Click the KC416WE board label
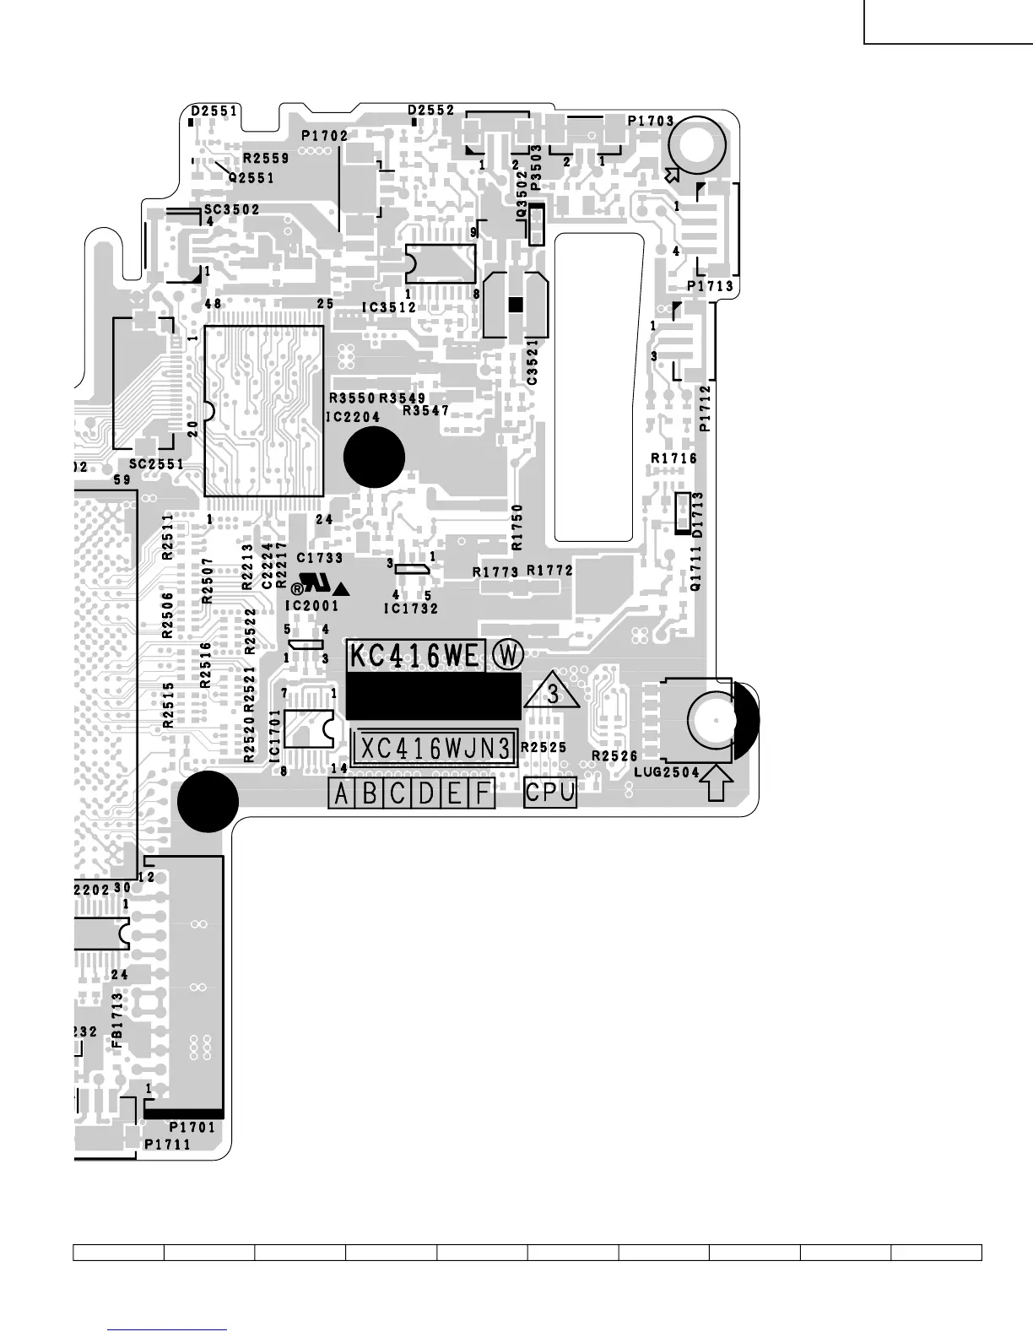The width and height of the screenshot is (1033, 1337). coord(415,655)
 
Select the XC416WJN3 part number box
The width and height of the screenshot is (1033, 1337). coord(435,748)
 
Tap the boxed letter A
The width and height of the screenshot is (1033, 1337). coord(341,793)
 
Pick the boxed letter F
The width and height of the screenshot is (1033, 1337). coord(482,793)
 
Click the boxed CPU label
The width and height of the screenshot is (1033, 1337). coord(550,792)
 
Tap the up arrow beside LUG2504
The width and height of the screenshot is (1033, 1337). coord(716,782)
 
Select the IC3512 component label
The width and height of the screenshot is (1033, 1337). coord(389,308)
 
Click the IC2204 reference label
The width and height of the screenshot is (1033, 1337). coord(354,417)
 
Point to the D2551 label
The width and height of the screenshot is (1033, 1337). coord(214,111)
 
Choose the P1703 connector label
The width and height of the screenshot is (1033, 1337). coord(651,121)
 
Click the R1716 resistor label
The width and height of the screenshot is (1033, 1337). coord(673,458)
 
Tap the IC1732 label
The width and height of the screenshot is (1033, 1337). coord(411,609)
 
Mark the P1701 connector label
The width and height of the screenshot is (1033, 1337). coord(192,1127)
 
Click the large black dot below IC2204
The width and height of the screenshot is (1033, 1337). coord(375,457)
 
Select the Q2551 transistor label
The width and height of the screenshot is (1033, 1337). coord(251,178)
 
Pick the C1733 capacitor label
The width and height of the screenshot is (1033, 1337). coord(320,558)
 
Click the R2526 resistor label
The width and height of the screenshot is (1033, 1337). coord(614,755)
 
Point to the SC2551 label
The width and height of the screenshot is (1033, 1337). coord(156,464)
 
